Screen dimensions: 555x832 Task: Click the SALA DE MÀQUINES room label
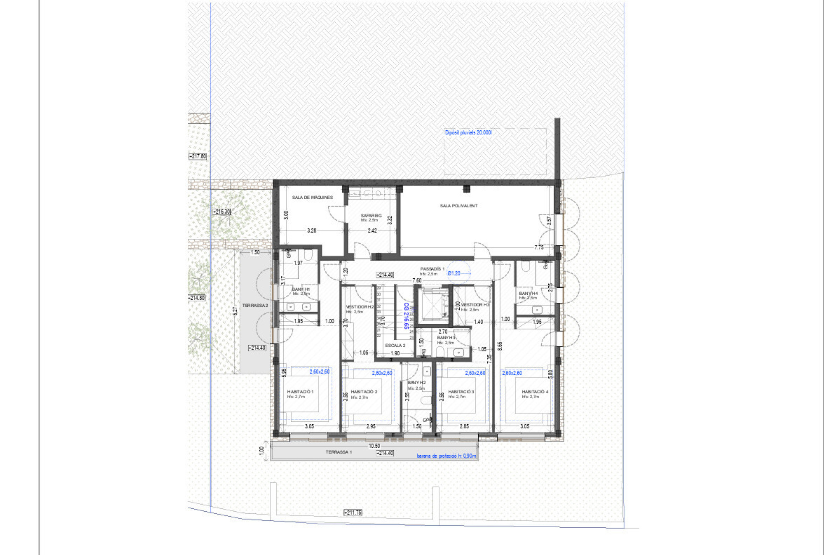(x=312, y=197)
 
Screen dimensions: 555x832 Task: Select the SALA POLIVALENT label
(x=458, y=206)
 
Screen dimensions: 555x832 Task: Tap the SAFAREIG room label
(x=371, y=216)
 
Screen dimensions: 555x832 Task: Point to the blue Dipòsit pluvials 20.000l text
(x=468, y=132)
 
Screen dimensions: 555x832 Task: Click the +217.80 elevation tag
(x=197, y=156)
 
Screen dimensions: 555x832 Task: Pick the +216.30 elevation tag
(x=221, y=211)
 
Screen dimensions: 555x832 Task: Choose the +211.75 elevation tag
(x=353, y=513)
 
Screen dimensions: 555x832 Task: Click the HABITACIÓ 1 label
(x=300, y=391)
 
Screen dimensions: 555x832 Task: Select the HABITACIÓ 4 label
(x=535, y=391)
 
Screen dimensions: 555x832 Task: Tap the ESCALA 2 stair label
(x=395, y=345)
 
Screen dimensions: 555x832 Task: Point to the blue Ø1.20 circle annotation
(x=454, y=273)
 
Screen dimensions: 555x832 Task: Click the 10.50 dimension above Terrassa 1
(x=374, y=446)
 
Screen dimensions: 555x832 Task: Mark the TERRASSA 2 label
(x=255, y=305)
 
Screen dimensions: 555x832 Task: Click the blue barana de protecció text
(x=446, y=456)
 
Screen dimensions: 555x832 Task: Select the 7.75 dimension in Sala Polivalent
(x=539, y=248)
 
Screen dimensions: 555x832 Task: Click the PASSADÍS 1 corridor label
(x=432, y=269)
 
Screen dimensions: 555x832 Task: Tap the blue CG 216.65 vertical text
(x=406, y=315)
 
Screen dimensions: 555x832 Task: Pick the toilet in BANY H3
(x=440, y=351)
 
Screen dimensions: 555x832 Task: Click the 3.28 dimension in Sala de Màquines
(x=311, y=230)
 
